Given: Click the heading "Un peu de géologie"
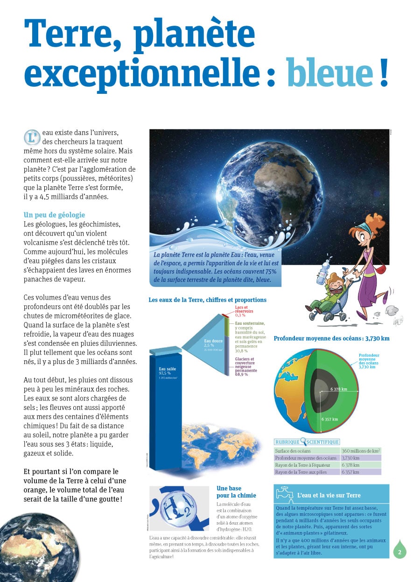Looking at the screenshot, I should [54, 215].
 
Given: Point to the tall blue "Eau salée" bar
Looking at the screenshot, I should [166, 411].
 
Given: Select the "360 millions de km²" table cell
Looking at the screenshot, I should [361, 451].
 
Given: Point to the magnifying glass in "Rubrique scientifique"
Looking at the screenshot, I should [304, 441].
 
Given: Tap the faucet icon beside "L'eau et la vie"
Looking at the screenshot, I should [284, 494].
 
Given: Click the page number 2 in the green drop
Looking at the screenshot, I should [399, 552].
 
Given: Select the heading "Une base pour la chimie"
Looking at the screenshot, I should [236, 491].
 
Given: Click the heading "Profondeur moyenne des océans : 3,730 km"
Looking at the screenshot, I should [331, 338].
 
